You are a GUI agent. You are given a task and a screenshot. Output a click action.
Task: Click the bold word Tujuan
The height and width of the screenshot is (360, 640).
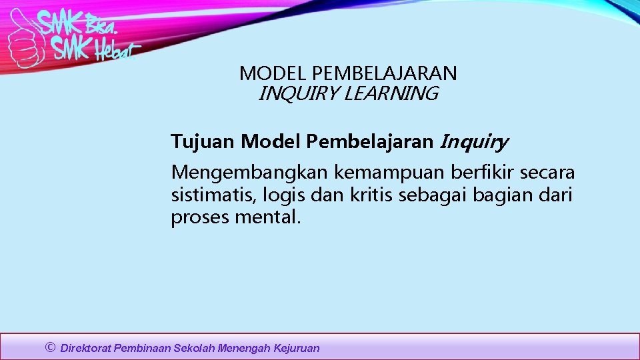pos(203,141)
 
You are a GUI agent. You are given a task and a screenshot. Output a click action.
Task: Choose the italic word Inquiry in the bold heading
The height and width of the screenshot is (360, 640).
pos(474,142)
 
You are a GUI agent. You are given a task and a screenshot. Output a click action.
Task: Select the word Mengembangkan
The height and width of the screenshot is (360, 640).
pos(249,173)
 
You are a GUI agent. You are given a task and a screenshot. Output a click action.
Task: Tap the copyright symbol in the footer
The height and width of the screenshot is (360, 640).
pos(50,347)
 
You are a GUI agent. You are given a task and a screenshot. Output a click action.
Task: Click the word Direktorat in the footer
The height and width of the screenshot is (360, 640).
pos(86,348)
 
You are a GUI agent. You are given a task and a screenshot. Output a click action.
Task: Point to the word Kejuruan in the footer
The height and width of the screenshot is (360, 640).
pos(297,348)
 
